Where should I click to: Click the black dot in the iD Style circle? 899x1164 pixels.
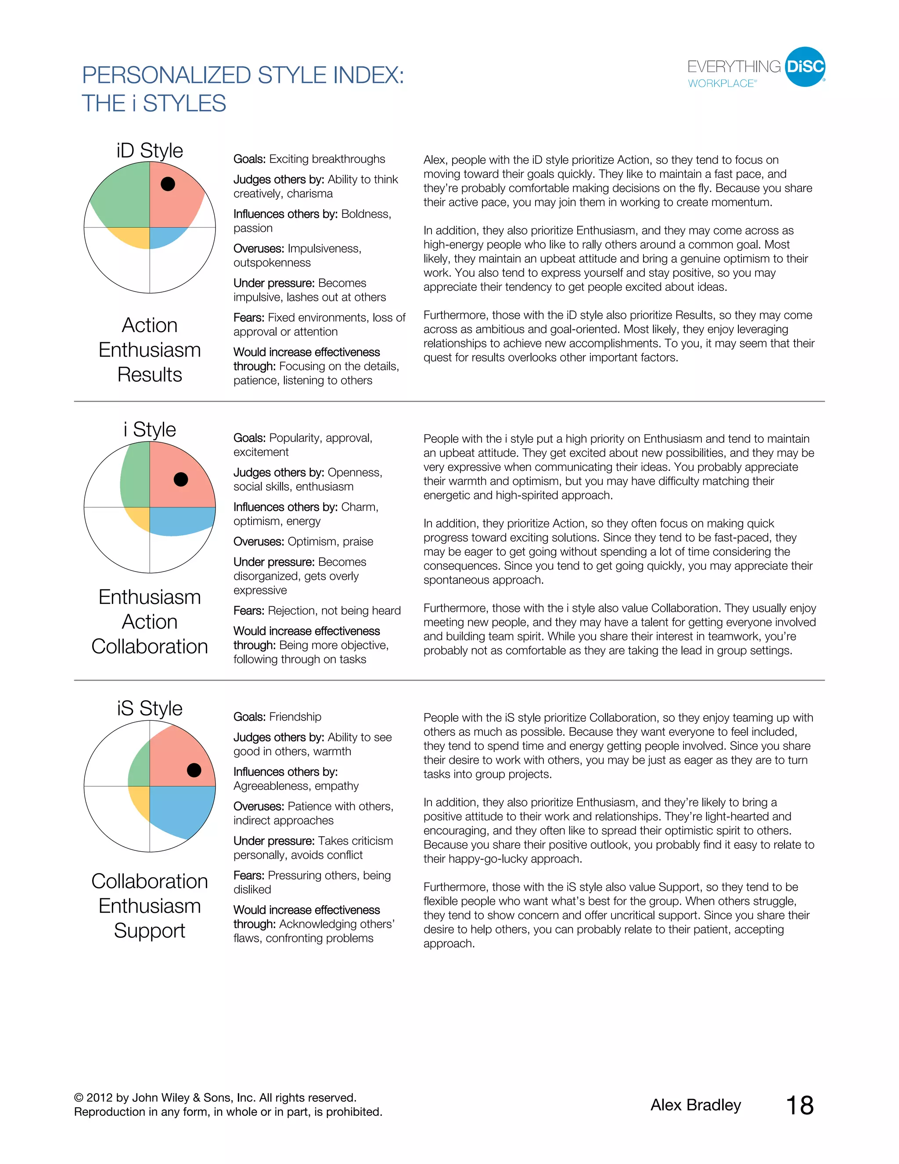[168, 184]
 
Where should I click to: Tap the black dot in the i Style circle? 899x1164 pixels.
[181, 479]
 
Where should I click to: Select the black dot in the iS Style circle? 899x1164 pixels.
[194, 770]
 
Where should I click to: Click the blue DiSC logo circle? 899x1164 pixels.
[805, 67]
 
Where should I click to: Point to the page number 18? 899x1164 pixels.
[799, 1106]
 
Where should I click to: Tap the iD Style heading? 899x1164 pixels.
[150, 150]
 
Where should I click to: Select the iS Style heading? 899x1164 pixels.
[150, 709]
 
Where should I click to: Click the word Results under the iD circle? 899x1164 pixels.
[150, 375]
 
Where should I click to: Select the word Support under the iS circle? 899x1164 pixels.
[150, 931]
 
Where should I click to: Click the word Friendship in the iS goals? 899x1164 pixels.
[295, 717]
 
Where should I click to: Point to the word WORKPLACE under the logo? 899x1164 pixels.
[721, 83]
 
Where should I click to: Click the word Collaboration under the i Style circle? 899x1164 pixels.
[150, 647]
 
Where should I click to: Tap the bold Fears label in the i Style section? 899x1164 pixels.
[249, 611]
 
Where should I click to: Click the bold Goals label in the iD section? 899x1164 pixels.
[249, 159]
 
